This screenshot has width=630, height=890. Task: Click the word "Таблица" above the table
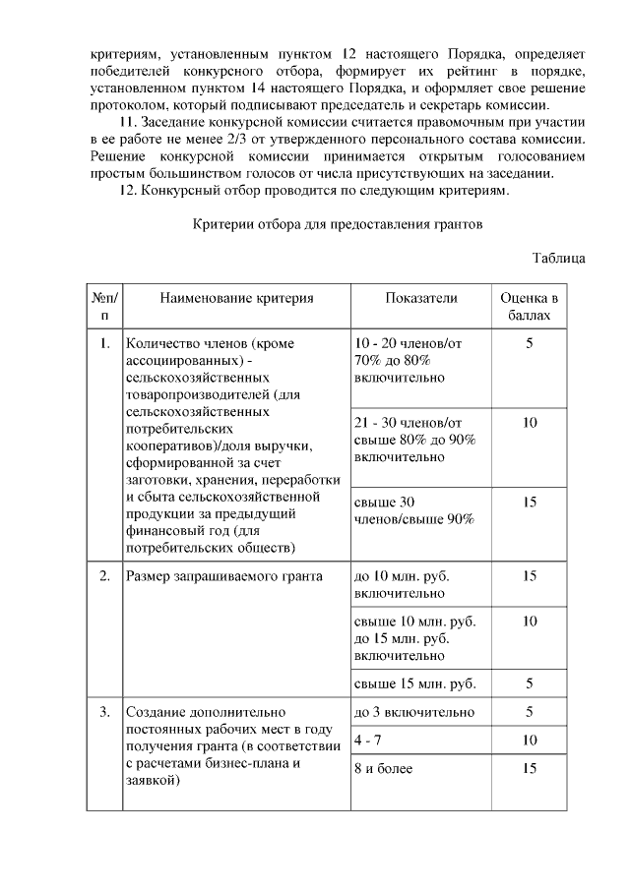coord(558,258)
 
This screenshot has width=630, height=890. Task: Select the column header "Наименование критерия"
coord(236,298)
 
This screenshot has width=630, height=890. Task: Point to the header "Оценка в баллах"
coord(530,307)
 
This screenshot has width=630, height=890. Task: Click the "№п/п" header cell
coord(103,307)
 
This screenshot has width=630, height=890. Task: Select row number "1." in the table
coord(104,343)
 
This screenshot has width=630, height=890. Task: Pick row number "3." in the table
coord(104,712)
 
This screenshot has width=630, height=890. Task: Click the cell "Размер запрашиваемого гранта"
coord(223,576)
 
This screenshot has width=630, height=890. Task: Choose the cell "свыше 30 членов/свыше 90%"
coord(413,510)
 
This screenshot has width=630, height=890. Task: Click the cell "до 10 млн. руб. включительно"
coord(407,585)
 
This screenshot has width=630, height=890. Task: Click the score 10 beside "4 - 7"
coord(530,740)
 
